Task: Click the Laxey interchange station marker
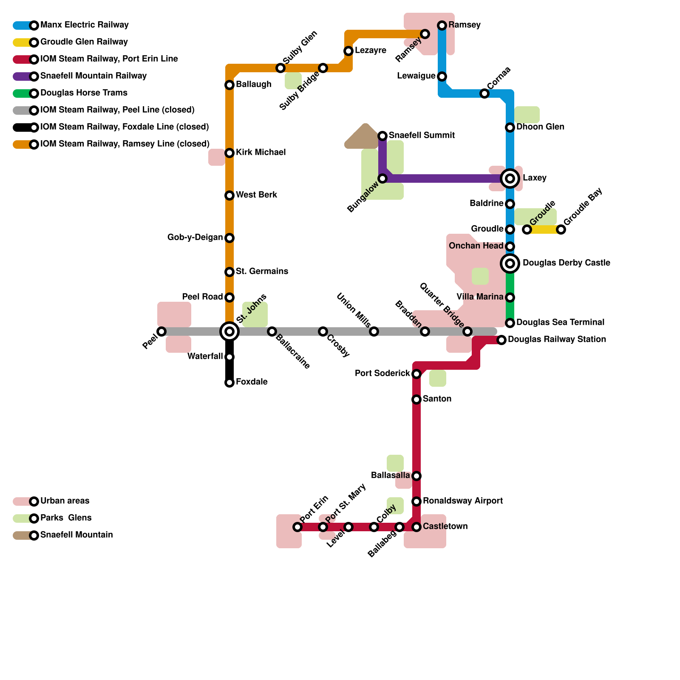(x=510, y=178)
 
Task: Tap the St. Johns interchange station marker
(x=229, y=331)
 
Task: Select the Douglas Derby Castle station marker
(x=510, y=263)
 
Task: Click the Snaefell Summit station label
(x=422, y=135)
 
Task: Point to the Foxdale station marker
(x=229, y=382)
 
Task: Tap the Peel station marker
(x=161, y=331)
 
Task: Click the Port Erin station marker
(x=297, y=527)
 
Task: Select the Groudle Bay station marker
(x=561, y=229)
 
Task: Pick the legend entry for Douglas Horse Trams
(x=84, y=93)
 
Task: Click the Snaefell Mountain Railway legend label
(x=93, y=76)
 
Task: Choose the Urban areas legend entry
(x=65, y=501)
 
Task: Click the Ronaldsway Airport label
(x=462, y=501)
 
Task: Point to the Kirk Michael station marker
(x=229, y=153)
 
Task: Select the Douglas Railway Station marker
(x=501, y=340)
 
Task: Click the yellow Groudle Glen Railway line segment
(x=544, y=229)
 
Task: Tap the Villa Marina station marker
(x=510, y=297)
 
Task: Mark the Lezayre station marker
(x=348, y=51)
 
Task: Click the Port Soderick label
(x=382, y=373)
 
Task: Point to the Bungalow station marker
(x=382, y=178)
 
